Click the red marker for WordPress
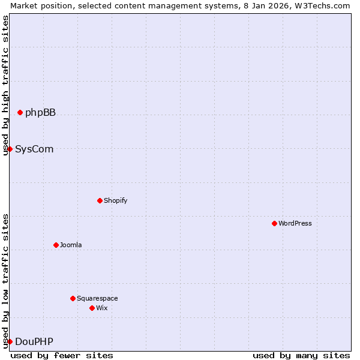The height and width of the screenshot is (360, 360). click(x=274, y=223)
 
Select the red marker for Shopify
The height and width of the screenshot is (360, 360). click(x=100, y=200)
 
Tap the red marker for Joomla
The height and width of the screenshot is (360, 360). click(x=56, y=245)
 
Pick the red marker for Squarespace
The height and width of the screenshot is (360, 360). click(x=73, y=298)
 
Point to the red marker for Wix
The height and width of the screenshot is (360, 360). click(x=92, y=308)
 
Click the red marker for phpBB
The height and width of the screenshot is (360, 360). click(x=20, y=112)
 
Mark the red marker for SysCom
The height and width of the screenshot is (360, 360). click(x=10, y=149)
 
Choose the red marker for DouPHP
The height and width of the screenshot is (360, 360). click(x=10, y=341)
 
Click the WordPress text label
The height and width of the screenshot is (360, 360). click(x=295, y=223)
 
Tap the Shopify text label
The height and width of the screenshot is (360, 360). click(x=115, y=200)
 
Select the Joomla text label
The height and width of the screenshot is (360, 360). click(x=71, y=245)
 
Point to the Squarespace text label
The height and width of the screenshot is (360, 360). click(x=97, y=298)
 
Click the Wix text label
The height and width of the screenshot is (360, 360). click(x=102, y=308)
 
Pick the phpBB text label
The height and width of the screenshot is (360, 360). click(x=40, y=112)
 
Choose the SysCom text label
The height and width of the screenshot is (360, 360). click(x=34, y=149)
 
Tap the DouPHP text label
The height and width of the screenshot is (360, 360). click(x=34, y=341)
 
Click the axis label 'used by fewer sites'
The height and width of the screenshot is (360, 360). click(x=62, y=355)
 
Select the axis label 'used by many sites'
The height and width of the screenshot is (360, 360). click(x=301, y=355)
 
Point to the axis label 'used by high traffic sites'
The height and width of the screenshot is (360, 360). click(x=5, y=85)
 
